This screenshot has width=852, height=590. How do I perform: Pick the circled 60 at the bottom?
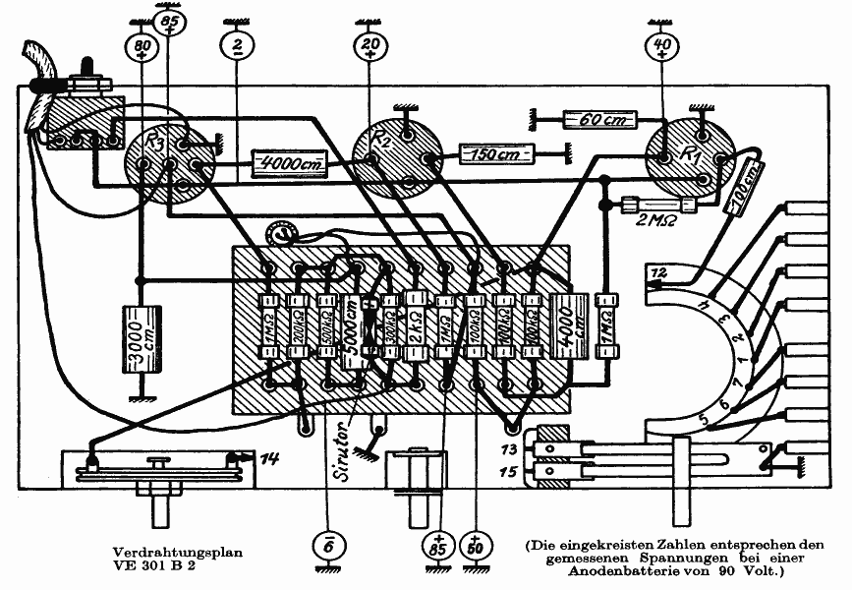tap(477, 544)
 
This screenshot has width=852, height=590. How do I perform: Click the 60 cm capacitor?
tap(598, 121)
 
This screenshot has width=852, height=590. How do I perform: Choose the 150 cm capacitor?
tap(497, 153)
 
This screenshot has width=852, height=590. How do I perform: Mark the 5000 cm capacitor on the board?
tap(351, 328)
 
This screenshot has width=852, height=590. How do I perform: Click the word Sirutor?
tap(344, 450)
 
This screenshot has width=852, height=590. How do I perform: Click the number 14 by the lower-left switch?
tap(269, 457)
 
